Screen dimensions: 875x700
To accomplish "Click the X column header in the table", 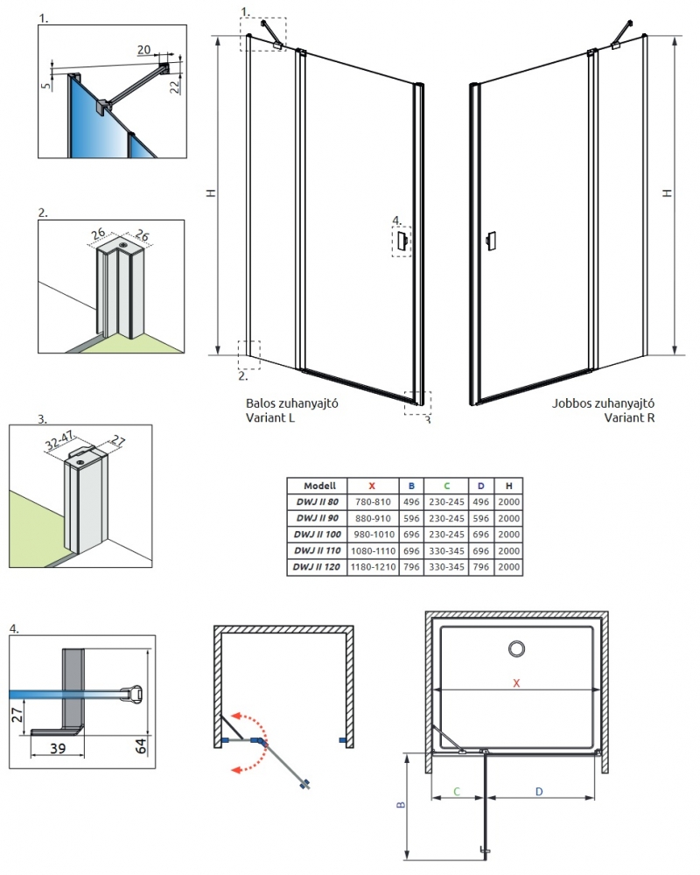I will click(x=372, y=486).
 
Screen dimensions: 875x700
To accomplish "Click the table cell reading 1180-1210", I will click(x=371, y=569).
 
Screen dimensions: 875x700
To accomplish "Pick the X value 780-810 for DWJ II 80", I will click(x=371, y=502).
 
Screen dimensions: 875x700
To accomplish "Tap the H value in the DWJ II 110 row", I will click(x=507, y=552).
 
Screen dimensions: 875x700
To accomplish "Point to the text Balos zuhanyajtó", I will click(x=292, y=404).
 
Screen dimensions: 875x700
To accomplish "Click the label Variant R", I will click(x=629, y=417).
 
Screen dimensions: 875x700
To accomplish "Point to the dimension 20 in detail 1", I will click(x=143, y=51).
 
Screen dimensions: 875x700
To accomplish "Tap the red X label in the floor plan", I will click(x=516, y=683).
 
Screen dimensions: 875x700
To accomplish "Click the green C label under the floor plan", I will click(x=457, y=791).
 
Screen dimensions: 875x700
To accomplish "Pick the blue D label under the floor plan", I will click(x=539, y=791).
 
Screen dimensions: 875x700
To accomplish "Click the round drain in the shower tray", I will click(x=516, y=648).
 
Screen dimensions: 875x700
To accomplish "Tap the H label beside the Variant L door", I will click(x=210, y=194).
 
